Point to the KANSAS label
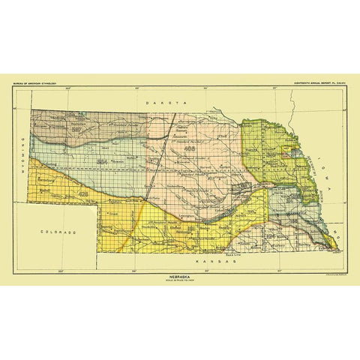pyautogui.click(x=211, y=263)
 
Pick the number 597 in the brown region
pyautogui.click(x=76, y=129)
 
